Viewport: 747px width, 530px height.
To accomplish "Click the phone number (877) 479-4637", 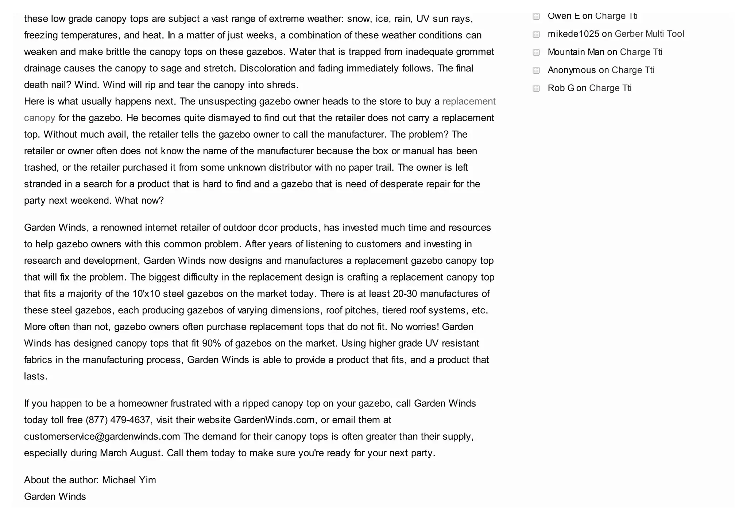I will click(118, 420).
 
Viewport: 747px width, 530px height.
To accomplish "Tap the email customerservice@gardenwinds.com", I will click(102, 436).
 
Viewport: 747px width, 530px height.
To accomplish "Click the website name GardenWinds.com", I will click(274, 420).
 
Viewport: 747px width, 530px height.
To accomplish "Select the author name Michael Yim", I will click(129, 480).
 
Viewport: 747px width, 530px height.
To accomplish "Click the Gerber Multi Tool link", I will click(649, 34).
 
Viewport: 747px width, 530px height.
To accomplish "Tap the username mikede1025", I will click(573, 34).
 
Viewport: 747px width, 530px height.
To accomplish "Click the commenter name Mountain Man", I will click(576, 52).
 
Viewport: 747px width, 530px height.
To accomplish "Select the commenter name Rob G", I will click(561, 88).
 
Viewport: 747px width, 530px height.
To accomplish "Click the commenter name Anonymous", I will click(572, 70).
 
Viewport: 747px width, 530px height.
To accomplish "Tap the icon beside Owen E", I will click(536, 16).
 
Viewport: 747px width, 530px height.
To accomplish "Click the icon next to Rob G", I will click(536, 88).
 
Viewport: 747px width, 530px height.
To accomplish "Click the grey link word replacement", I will click(469, 101).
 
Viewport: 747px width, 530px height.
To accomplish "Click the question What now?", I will click(139, 200).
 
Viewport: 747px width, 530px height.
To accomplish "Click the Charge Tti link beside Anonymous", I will click(632, 70).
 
